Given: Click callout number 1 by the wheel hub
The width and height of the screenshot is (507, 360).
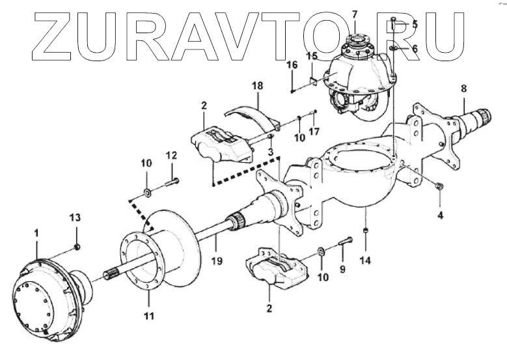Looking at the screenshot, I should tap(36, 232).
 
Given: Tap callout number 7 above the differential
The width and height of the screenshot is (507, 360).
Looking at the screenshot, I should tap(354, 14).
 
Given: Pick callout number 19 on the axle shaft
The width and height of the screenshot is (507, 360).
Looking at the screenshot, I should tap(217, 261).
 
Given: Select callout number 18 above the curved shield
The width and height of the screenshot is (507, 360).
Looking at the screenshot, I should tap(258, 85).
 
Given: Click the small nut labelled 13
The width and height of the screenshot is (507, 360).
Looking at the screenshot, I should tap(77, 245).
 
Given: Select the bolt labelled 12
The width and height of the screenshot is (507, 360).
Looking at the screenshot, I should tap(171, 180).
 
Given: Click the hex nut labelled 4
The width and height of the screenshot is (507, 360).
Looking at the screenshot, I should tap(439, 187).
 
